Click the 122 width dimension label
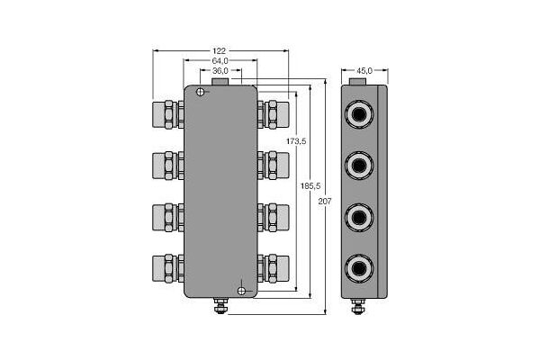pyautogui.click(x=220, y=51)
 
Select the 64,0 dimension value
pyautogui.click(x=220, y=60)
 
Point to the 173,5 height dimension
pyautogui.click(x=296, y=141)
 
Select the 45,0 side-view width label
pyautogui.click(x=364, y=69)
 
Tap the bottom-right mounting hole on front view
pyautogui.click(x=241, y=290)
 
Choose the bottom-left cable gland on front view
pyautogui.click(x=166, y=266)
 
